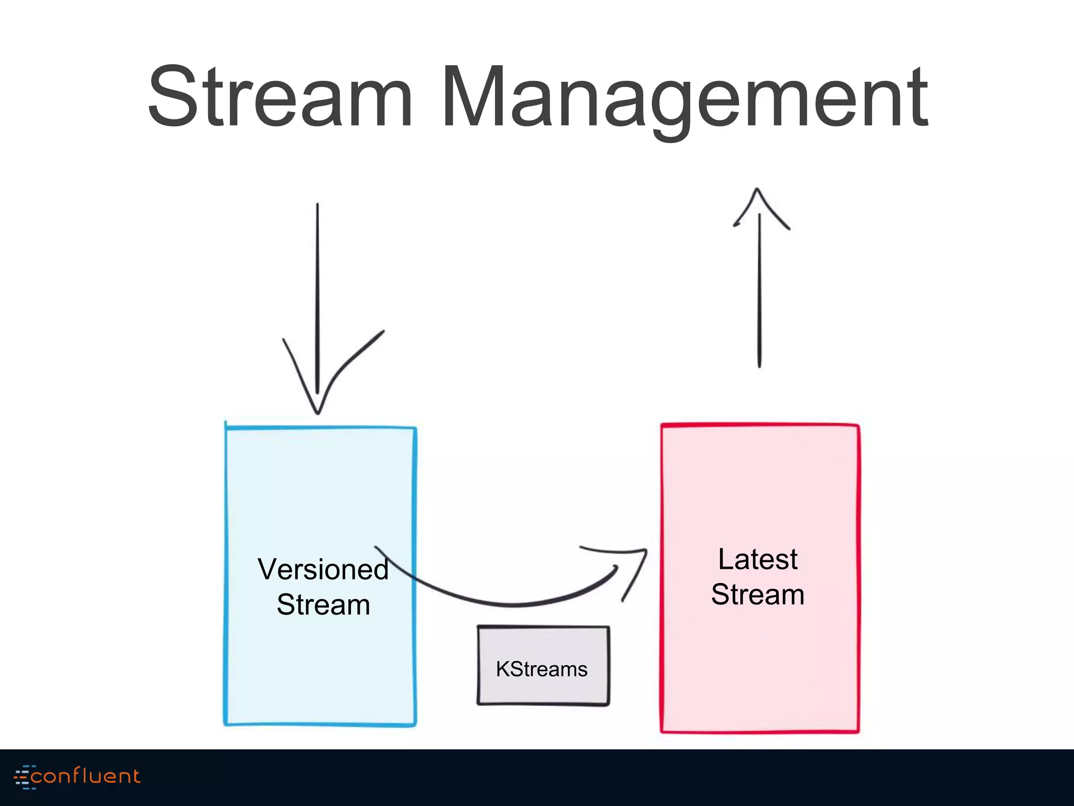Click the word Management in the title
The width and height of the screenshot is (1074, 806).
[685, 97]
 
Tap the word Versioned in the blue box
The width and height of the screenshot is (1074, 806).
[323, 570]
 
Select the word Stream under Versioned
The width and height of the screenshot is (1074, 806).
[323, 605]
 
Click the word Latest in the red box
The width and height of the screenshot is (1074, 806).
[757, 559]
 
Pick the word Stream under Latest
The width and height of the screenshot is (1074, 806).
[757, 595]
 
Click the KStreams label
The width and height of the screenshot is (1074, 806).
[542, 670]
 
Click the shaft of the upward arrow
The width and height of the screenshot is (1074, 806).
[759, 294]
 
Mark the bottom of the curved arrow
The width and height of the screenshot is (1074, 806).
[514, 605]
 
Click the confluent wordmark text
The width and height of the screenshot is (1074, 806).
[85, 776]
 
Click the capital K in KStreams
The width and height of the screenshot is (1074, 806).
[502, 670]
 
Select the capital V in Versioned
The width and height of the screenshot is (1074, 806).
[268, 570]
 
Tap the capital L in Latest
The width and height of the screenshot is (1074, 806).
[726, 559]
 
